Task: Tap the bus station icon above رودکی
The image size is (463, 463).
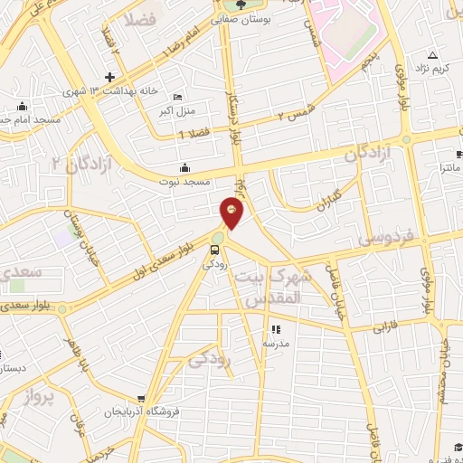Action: [x=215, y=250]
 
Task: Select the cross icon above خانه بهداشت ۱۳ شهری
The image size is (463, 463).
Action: [x=110, y=78]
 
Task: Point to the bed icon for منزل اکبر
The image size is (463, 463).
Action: [x=178, y=97]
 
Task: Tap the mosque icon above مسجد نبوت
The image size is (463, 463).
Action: [x=185, y=167]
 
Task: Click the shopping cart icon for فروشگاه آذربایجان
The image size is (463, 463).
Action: [x=141, y=398]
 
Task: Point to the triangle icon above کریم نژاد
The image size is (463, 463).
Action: [x=431, y=54]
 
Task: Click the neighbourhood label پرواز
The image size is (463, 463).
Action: [x=41, y=395]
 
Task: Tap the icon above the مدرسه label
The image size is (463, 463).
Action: [x=276, y=330]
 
